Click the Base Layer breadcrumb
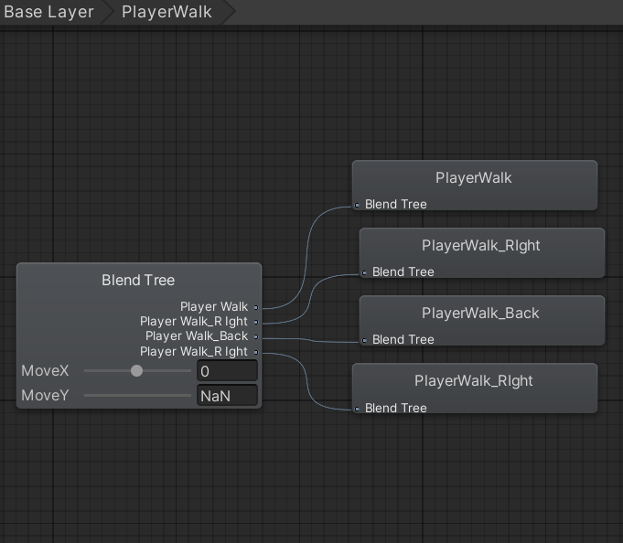click(x=48, y=12)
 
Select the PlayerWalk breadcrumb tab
click(x=166, y=12)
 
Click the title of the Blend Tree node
click(x=138, y=281)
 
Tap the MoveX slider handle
click(x=136, y=371)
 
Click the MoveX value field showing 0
click(x=227, y=371)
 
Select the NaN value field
click(x=227, y=396)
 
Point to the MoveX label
click(x=45, y=371)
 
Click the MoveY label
click(x=45, y=395)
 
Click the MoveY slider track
click(x=137, y=395)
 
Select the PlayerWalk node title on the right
click(x=474, y=178)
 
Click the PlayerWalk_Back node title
click(x=480, y=314)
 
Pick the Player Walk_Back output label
click(x=197, y=336)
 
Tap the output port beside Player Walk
click(x=256, y=307)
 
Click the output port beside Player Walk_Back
click(x=256, y=337)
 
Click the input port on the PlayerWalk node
click(x=357, y=205)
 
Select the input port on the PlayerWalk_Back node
click(x=364, y=340)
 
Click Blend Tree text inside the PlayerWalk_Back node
click(x=403, y=340)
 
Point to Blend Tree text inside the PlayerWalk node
click(x=396, y=205)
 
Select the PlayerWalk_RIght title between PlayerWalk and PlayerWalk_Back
click(x=481, y=246)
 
